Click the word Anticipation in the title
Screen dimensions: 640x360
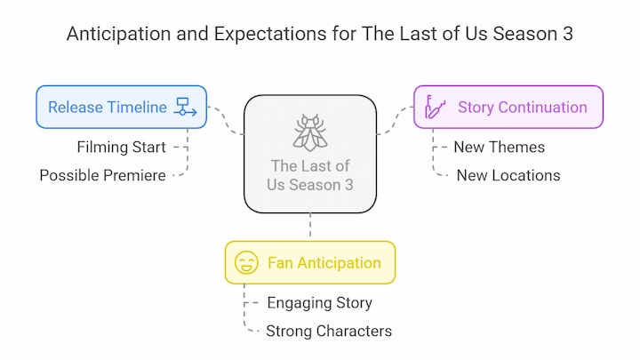(x=119, y=34)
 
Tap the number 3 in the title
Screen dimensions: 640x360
(x=568, y=34)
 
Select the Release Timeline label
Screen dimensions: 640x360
(x=108, y=108)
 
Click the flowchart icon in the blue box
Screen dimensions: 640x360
(x=185, y=107)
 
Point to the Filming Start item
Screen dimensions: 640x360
(x=121, y=147)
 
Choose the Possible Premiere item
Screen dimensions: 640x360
(x=103, y=175)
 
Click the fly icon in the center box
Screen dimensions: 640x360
(x=310, y=132)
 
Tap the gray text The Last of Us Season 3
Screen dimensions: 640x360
(x=310, y=175)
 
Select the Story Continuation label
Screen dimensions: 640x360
(x=523, y=108)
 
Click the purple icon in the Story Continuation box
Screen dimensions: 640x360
(x=435, y=107)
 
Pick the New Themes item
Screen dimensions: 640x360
(x=500, y=147)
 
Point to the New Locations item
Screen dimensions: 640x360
(x=508, y=175)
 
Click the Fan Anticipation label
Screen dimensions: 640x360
(x=324, y=263)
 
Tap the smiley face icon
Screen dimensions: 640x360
(x=246, y=262)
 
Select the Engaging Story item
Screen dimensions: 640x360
(x=320, y=303)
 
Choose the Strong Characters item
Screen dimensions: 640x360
(x=329, y=331)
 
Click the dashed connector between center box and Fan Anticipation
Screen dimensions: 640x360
(x=310, y=225)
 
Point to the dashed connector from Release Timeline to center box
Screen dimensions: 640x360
(x=225, y=120)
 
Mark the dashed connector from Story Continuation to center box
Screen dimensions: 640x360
(x=395, y=120)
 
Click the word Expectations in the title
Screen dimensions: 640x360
(x=270, y=34)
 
